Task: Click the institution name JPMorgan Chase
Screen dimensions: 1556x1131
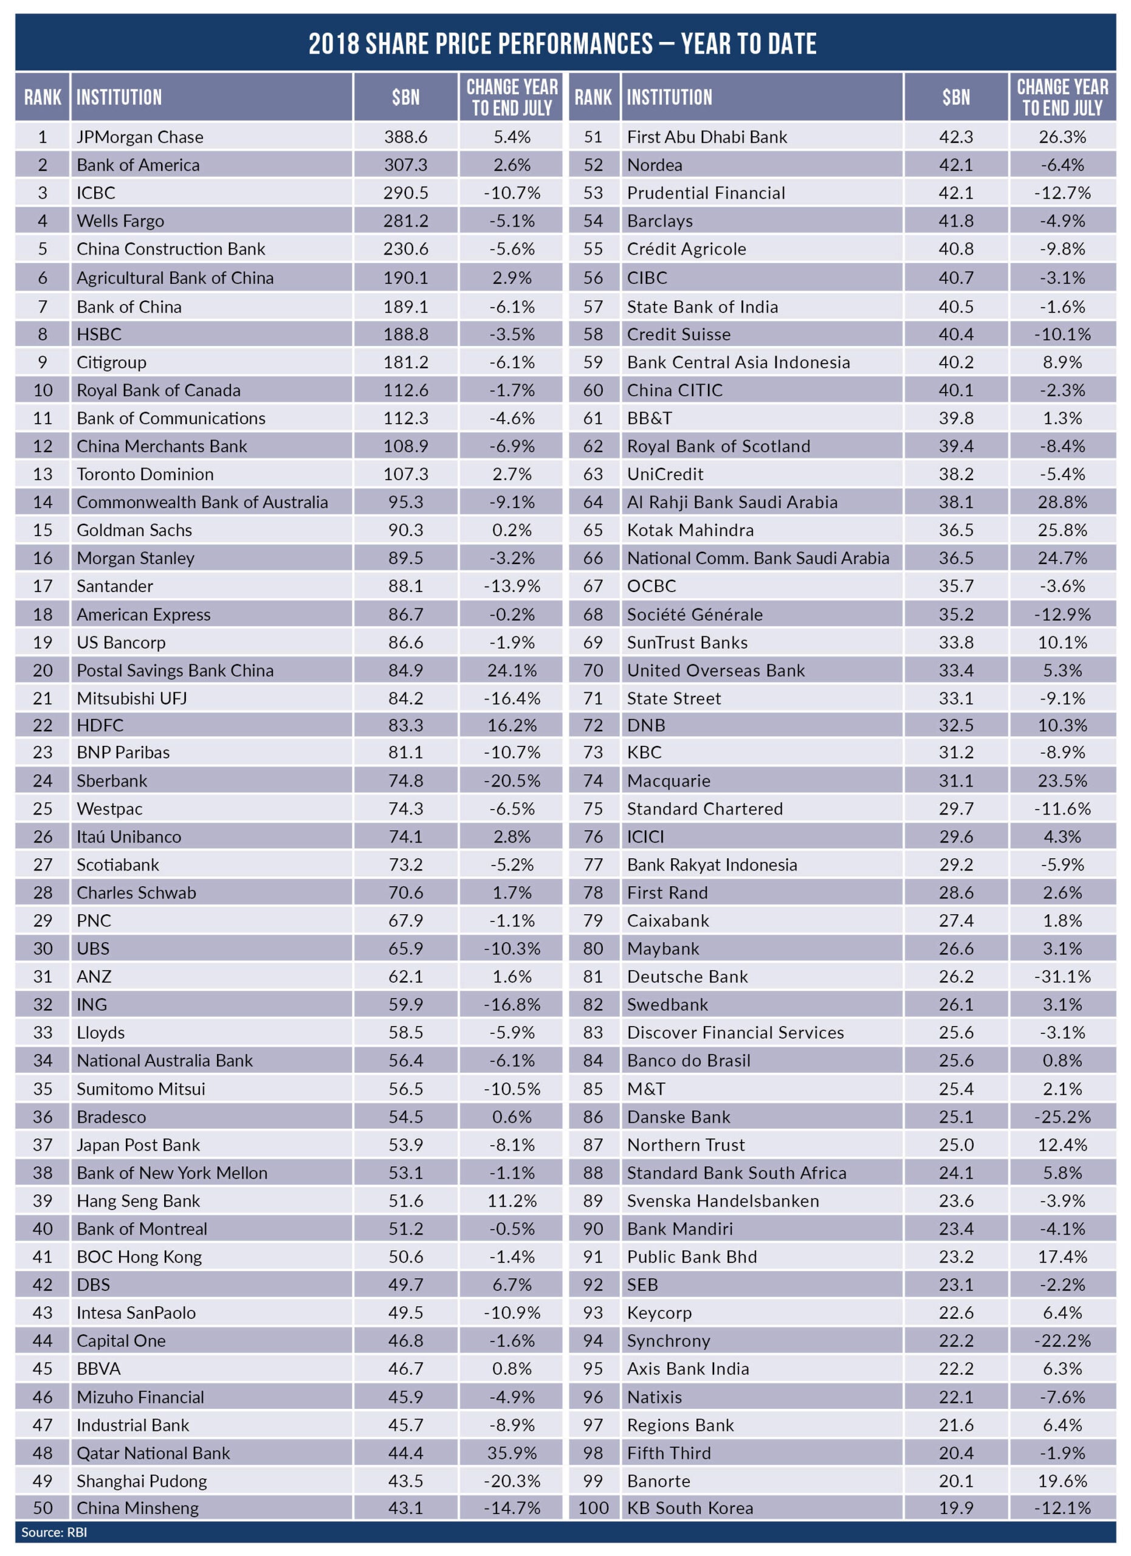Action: (x=140, y=137)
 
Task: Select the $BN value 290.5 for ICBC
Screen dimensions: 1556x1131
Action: (x=405, y=193)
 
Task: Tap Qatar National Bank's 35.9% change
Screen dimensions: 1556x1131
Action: (x=512, y=1453)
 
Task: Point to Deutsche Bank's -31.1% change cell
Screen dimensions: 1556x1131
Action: (x=1062, y=976)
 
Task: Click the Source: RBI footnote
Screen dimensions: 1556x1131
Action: (x=54, y=1532)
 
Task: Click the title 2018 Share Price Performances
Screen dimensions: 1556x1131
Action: (x=562, y=43)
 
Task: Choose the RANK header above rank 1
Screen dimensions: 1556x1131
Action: (x=43, y=97)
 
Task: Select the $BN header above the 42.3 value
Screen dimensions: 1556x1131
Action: (x=955, y=97)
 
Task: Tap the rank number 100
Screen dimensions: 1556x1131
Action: (x=593, y=1508)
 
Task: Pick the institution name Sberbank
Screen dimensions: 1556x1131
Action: (x=112, y=781)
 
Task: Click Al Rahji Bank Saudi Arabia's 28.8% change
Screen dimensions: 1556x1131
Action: (x=1062, y=502)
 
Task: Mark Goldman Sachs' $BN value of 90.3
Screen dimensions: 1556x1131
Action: (x=405, y=531)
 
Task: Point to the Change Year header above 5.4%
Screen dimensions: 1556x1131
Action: (x=512, y=97)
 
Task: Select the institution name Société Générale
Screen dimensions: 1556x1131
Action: (x=694, y=614)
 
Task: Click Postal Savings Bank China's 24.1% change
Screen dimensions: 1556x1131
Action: (x=512, y=670)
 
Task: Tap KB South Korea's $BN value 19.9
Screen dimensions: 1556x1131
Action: (x=955, y=1508)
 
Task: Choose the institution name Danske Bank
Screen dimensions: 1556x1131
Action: (x=678, y=1117)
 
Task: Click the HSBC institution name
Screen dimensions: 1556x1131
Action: (x=99, y=334)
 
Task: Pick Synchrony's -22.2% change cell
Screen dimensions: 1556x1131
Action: (x=1062, y=1341)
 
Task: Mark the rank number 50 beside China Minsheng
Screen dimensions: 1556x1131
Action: (x=43, y=1508)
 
